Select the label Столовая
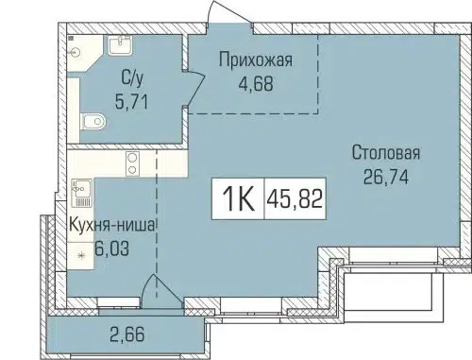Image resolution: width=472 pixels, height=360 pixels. pyautogui.click(x=386, y=152)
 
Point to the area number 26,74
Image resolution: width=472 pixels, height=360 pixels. pyautogui.click(x=387, y=173)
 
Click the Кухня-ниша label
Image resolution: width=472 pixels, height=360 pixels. pyautogui.click(x=111, y=225)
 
